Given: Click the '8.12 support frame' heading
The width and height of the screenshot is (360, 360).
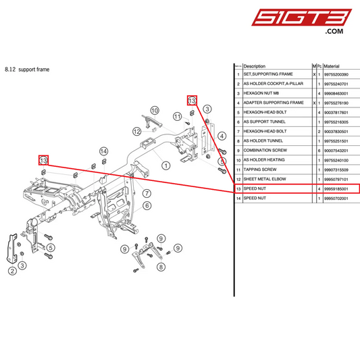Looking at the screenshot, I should pos(27,69).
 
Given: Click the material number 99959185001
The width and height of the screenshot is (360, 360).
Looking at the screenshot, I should pos(338,189).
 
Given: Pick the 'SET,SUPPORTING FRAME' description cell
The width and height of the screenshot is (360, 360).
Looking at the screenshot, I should pos(267,74).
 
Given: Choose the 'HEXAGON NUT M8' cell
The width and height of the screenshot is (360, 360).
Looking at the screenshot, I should pos(262,93).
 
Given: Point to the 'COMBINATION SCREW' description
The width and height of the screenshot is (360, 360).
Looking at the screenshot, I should pos(264,150).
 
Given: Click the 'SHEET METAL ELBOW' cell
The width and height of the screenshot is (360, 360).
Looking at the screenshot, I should pos(265,179).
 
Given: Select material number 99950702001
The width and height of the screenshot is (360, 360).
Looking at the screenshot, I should pos(338,199).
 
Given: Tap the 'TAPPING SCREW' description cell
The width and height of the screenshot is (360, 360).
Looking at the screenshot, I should pos(260,170).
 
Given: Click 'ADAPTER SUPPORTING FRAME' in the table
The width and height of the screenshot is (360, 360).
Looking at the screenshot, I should pos(273,103).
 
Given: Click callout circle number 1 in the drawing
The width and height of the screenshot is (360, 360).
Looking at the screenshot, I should pos(165,164).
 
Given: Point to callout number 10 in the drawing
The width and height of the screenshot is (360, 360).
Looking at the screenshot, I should pos(154,109).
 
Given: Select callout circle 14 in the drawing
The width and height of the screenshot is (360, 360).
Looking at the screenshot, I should pos(103,151).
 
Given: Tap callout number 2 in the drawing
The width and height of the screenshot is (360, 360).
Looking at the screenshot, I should pos(12,272).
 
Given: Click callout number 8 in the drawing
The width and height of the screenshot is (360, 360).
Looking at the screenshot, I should pos(161,267).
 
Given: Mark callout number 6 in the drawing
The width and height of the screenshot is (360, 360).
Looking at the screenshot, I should pos(147,205).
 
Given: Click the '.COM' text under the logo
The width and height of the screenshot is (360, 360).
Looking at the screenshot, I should pos(334,32).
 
